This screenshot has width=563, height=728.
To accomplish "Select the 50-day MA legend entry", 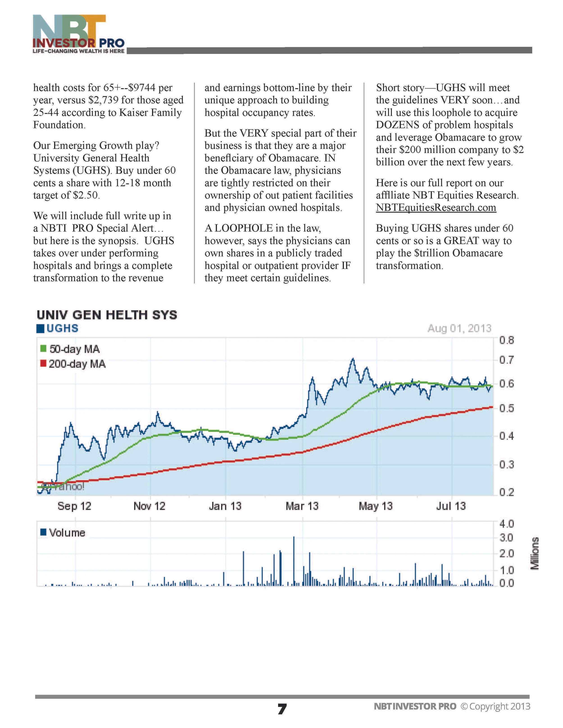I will point(70,349).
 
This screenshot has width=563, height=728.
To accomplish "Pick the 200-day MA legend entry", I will point(73,364).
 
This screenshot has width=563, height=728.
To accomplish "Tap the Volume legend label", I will point(63,533).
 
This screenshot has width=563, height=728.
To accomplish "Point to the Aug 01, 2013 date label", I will point(459,328).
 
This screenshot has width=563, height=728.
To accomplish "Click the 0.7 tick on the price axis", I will point(506,360).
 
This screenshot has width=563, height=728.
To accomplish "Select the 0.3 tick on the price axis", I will point(506,464).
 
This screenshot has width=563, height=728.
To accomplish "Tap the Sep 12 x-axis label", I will point(74,506).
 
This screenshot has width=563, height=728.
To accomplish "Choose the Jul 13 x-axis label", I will point(451,506).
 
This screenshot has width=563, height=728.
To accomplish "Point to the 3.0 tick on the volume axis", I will point(506,538).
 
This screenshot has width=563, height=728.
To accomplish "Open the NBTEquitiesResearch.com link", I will point(436,208).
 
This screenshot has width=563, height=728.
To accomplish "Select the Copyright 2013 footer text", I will point(495,706).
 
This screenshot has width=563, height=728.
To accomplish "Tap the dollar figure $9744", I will point(142,88).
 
